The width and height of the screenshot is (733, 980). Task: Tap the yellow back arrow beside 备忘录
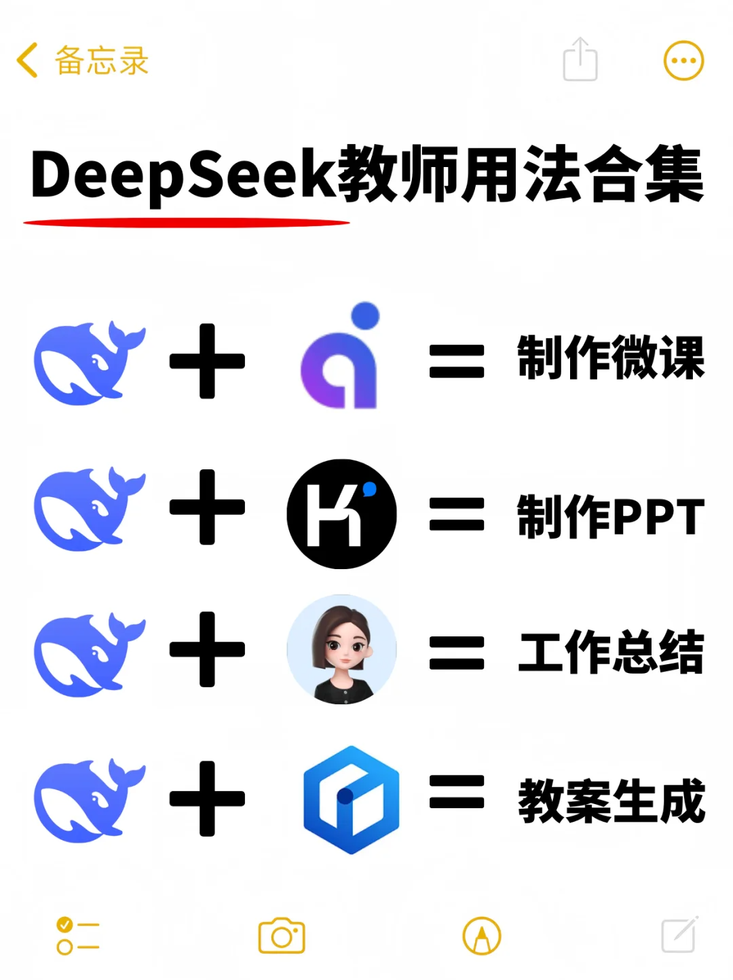point(27,60)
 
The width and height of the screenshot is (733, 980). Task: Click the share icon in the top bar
point(580,60)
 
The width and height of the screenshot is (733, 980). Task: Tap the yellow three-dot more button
point(683,60)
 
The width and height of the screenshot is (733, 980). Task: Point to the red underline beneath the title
point(187,223)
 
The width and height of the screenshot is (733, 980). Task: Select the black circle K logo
point(341,513)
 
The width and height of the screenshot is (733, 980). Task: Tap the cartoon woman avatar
point(341,649)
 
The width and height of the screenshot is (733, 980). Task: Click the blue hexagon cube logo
point(351,799)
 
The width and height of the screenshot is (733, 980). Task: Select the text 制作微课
point(611,358)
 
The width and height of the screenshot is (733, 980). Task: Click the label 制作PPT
point(611,517)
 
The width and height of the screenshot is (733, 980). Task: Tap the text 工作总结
point(611,652)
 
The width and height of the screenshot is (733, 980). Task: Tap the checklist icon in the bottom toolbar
point(77,936)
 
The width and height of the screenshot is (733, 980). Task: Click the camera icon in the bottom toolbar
point(282,936)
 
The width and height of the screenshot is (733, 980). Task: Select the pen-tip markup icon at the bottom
point(482,936)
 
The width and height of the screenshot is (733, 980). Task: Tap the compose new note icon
point(679,934)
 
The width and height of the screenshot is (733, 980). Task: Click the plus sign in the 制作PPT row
point(207,507)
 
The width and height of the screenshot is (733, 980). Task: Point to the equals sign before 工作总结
point(457,653)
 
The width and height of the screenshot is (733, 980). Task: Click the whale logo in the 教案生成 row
point(88,801)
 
